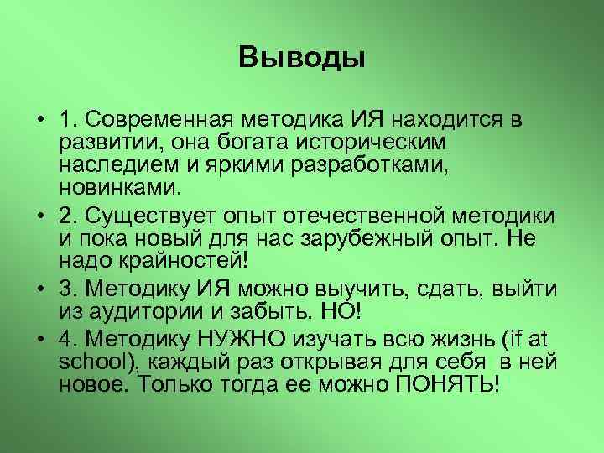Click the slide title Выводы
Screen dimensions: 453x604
[302, 58]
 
